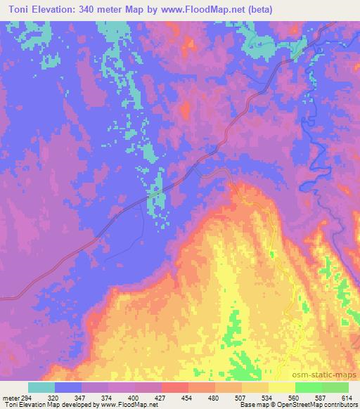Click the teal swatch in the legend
[x=41, y=387]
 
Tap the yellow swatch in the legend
[x=281, y=387]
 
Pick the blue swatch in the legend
[x=68, y=387]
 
